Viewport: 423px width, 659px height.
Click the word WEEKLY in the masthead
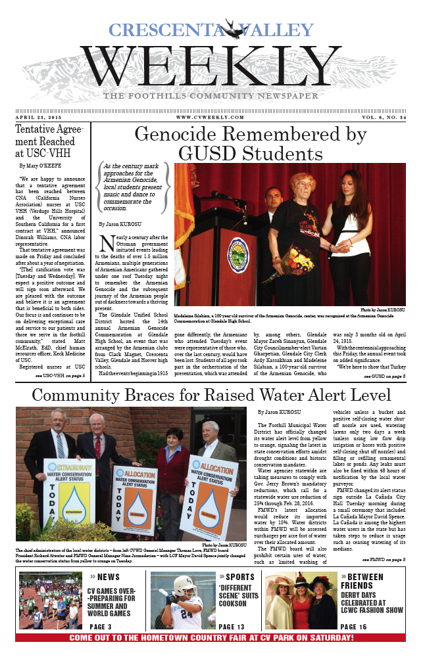point(211,66)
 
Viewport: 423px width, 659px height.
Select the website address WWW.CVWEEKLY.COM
point(211,117)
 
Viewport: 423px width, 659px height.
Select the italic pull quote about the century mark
point(134,187)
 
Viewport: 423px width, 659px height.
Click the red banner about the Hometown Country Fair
point(211,638)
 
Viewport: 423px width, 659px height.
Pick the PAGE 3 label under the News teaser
point(101,627)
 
